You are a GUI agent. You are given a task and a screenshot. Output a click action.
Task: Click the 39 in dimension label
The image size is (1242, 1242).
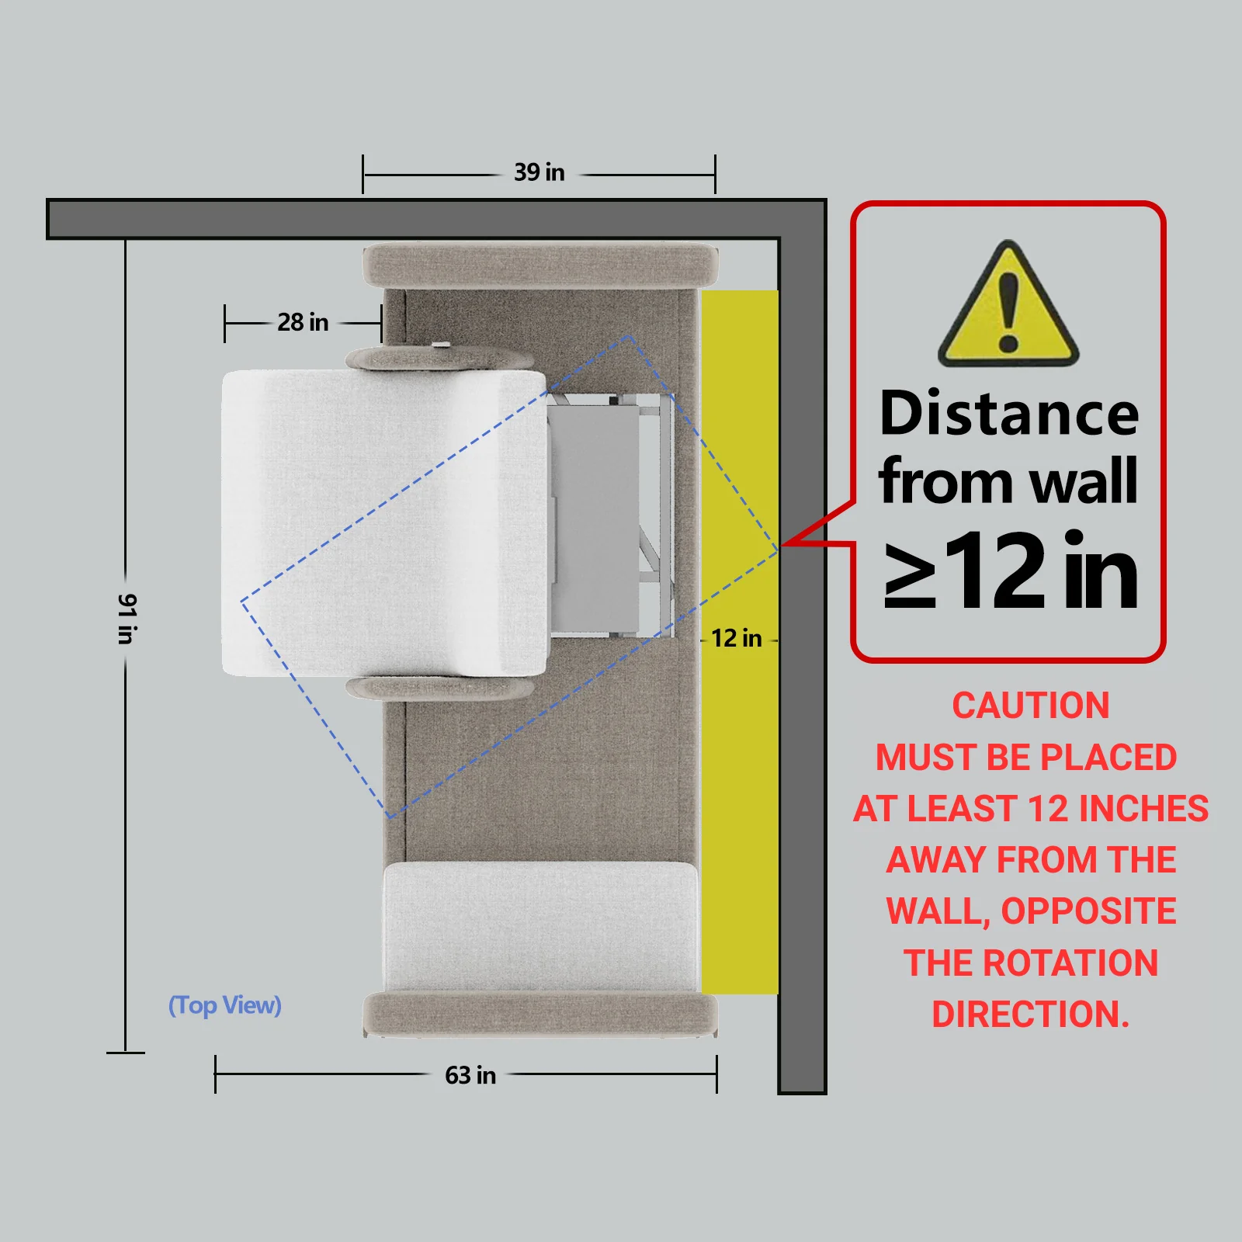(539, 172)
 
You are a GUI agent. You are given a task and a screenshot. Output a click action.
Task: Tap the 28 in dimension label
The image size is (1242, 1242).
(303, 322)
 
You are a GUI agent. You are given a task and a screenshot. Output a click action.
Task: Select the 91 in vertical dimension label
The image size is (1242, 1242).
(127, 619)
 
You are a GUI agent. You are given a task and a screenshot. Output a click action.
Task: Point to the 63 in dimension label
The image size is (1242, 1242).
(470, 1075)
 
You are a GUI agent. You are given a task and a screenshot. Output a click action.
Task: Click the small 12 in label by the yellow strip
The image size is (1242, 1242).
(737, 638)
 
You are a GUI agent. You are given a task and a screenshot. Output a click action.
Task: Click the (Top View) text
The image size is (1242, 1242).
(225, 1005)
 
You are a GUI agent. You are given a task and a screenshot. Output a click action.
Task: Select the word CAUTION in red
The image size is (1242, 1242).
(1031, 706)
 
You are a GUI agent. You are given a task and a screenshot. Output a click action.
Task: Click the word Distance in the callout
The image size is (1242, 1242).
(1009, 413)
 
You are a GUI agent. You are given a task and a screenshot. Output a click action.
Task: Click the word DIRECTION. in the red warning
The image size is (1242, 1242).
(1031, 1014)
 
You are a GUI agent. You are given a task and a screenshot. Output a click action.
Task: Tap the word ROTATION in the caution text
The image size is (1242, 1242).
(1071, 963)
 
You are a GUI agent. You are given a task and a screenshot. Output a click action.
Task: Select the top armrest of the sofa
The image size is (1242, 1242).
(540, 265)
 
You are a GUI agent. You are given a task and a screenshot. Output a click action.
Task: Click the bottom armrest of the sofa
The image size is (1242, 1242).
(540, 1014)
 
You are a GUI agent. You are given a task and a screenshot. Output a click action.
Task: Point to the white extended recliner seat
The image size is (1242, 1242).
(384, 522)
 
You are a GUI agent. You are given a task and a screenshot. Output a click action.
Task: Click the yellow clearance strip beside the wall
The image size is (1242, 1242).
(740, 642)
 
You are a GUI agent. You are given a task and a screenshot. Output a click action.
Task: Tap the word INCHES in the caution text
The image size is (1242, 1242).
(1143, 809)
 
